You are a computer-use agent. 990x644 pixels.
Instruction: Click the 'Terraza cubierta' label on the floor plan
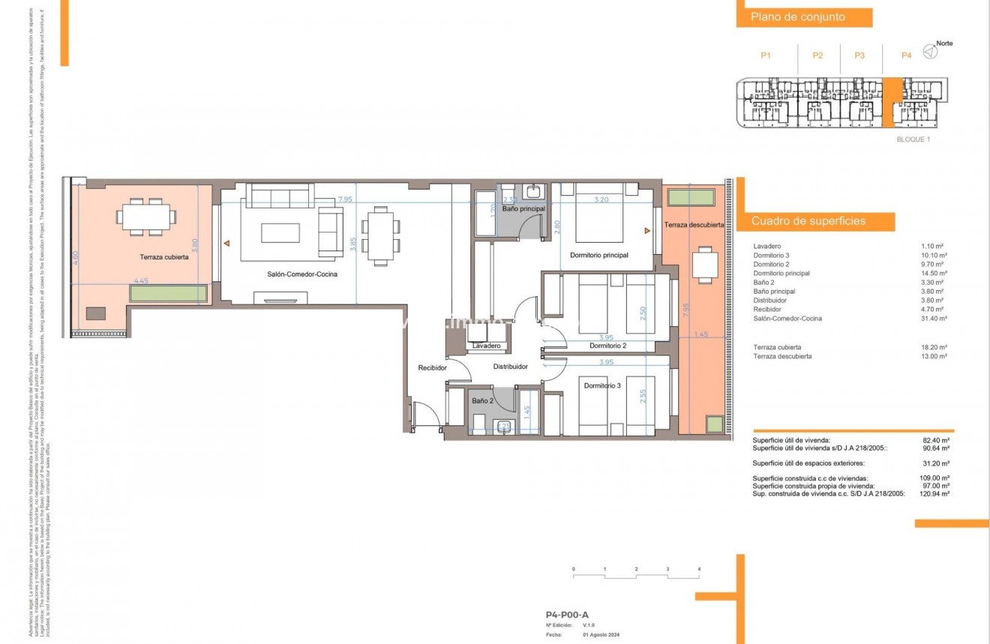163,257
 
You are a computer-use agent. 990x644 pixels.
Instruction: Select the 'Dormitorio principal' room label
598,256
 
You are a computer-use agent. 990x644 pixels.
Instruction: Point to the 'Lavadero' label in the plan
487,346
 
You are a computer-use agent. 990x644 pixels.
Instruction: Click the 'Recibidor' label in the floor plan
433,368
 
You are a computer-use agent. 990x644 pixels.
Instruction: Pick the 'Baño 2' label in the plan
482,402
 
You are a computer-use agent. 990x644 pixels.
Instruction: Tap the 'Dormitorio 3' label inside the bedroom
602,385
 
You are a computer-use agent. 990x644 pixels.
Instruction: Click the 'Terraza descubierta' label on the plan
694,225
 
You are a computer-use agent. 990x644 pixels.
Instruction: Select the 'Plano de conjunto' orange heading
797,17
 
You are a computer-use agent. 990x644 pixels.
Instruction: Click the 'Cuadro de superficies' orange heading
808,221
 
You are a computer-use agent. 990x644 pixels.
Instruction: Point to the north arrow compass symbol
929,52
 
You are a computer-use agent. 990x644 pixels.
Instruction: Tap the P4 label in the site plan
906,55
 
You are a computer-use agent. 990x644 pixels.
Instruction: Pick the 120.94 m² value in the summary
934,495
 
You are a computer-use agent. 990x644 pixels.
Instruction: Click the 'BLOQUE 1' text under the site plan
913,139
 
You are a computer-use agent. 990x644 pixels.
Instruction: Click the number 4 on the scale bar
699,571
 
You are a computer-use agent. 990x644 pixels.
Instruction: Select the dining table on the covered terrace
147,217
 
